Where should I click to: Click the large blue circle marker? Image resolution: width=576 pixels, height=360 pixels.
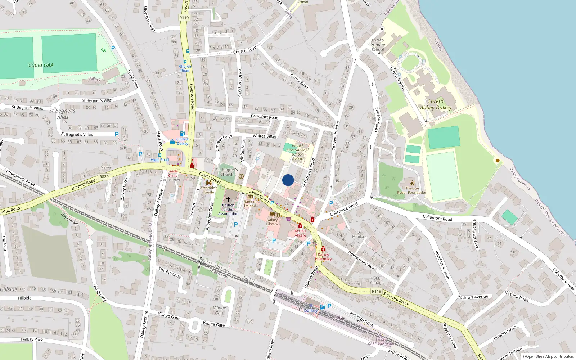(x=288, y=180)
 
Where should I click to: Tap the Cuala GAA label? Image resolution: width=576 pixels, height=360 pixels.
(x=41, y=65)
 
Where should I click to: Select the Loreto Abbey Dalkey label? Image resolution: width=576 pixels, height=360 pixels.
(x=436, y=104)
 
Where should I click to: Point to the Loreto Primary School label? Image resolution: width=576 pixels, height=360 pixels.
(x=378, y=45)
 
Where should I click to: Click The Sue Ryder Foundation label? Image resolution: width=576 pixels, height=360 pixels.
(x=412, y=190)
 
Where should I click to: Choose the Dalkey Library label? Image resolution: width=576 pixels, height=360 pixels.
(x=272, y=222)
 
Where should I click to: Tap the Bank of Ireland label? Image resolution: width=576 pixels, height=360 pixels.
(x=250, y=204)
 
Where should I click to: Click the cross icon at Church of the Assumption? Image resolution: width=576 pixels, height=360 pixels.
(x=228, y=199)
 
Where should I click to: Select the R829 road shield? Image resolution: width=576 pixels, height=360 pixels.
(x=104, y=177)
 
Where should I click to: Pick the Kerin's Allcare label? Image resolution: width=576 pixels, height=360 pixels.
(x=300, y=233)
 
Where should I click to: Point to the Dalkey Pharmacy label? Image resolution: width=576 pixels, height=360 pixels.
(x=323, y=257)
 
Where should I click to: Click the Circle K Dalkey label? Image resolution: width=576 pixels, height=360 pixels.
(x=183, y=141)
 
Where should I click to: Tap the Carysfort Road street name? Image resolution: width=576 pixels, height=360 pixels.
(x=265, y=117)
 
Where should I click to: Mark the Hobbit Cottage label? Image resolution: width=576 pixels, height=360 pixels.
(x=377, y=280)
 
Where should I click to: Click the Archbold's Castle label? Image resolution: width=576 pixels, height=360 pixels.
(x=209, y=190)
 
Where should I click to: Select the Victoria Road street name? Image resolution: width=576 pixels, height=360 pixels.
(x=517, y=296)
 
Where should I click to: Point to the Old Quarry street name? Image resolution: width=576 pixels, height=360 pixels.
(x=100, y=293)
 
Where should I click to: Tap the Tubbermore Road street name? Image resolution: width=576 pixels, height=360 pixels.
(x=362, y=261)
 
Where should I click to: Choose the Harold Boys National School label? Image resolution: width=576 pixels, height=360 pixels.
(x=297, y=152)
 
